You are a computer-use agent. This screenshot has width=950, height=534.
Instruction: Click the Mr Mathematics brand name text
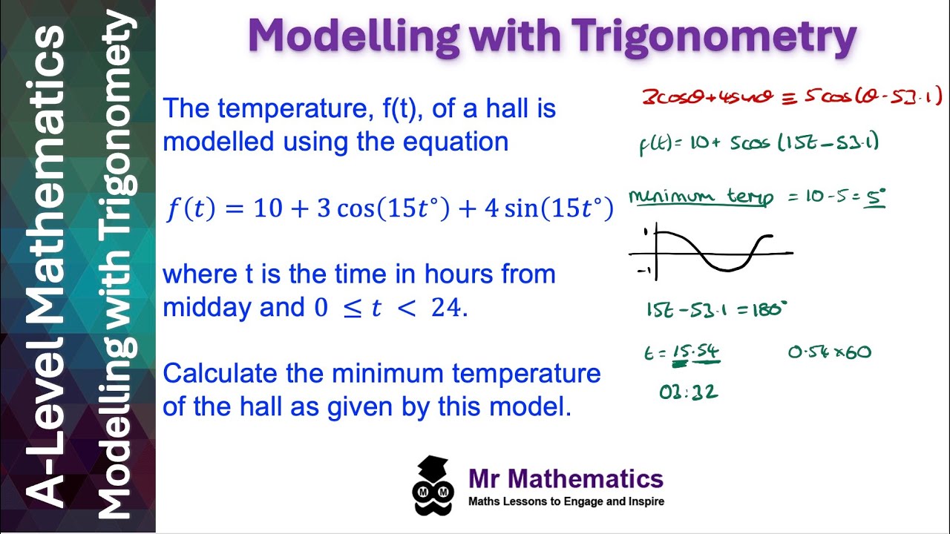pyautogui.click(x=566, y=478)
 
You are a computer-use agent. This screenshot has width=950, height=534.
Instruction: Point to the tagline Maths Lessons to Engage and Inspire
pyautogui.click(x=566, y=501)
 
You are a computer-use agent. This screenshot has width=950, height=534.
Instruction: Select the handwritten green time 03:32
pyautogui.click(x=688, y=392)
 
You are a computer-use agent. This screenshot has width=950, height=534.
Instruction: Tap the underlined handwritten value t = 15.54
pyautogui.click(x=682, y=353)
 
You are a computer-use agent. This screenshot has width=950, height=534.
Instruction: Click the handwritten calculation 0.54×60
pyautogui.click(x=829, y=352)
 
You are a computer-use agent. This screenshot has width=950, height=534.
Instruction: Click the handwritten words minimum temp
pyautogui.click(x=701, y=198)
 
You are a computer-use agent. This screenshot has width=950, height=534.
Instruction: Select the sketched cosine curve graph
pyautogui.click(x=712, y=252)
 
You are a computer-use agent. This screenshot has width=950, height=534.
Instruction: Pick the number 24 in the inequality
pyautogui.click(x=446, y=306)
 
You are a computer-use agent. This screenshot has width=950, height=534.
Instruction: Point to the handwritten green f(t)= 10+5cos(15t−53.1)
pyautogui.click(x=759, y=142)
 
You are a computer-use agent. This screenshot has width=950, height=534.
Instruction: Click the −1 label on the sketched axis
pyautogui.click(x=643, y=271)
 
